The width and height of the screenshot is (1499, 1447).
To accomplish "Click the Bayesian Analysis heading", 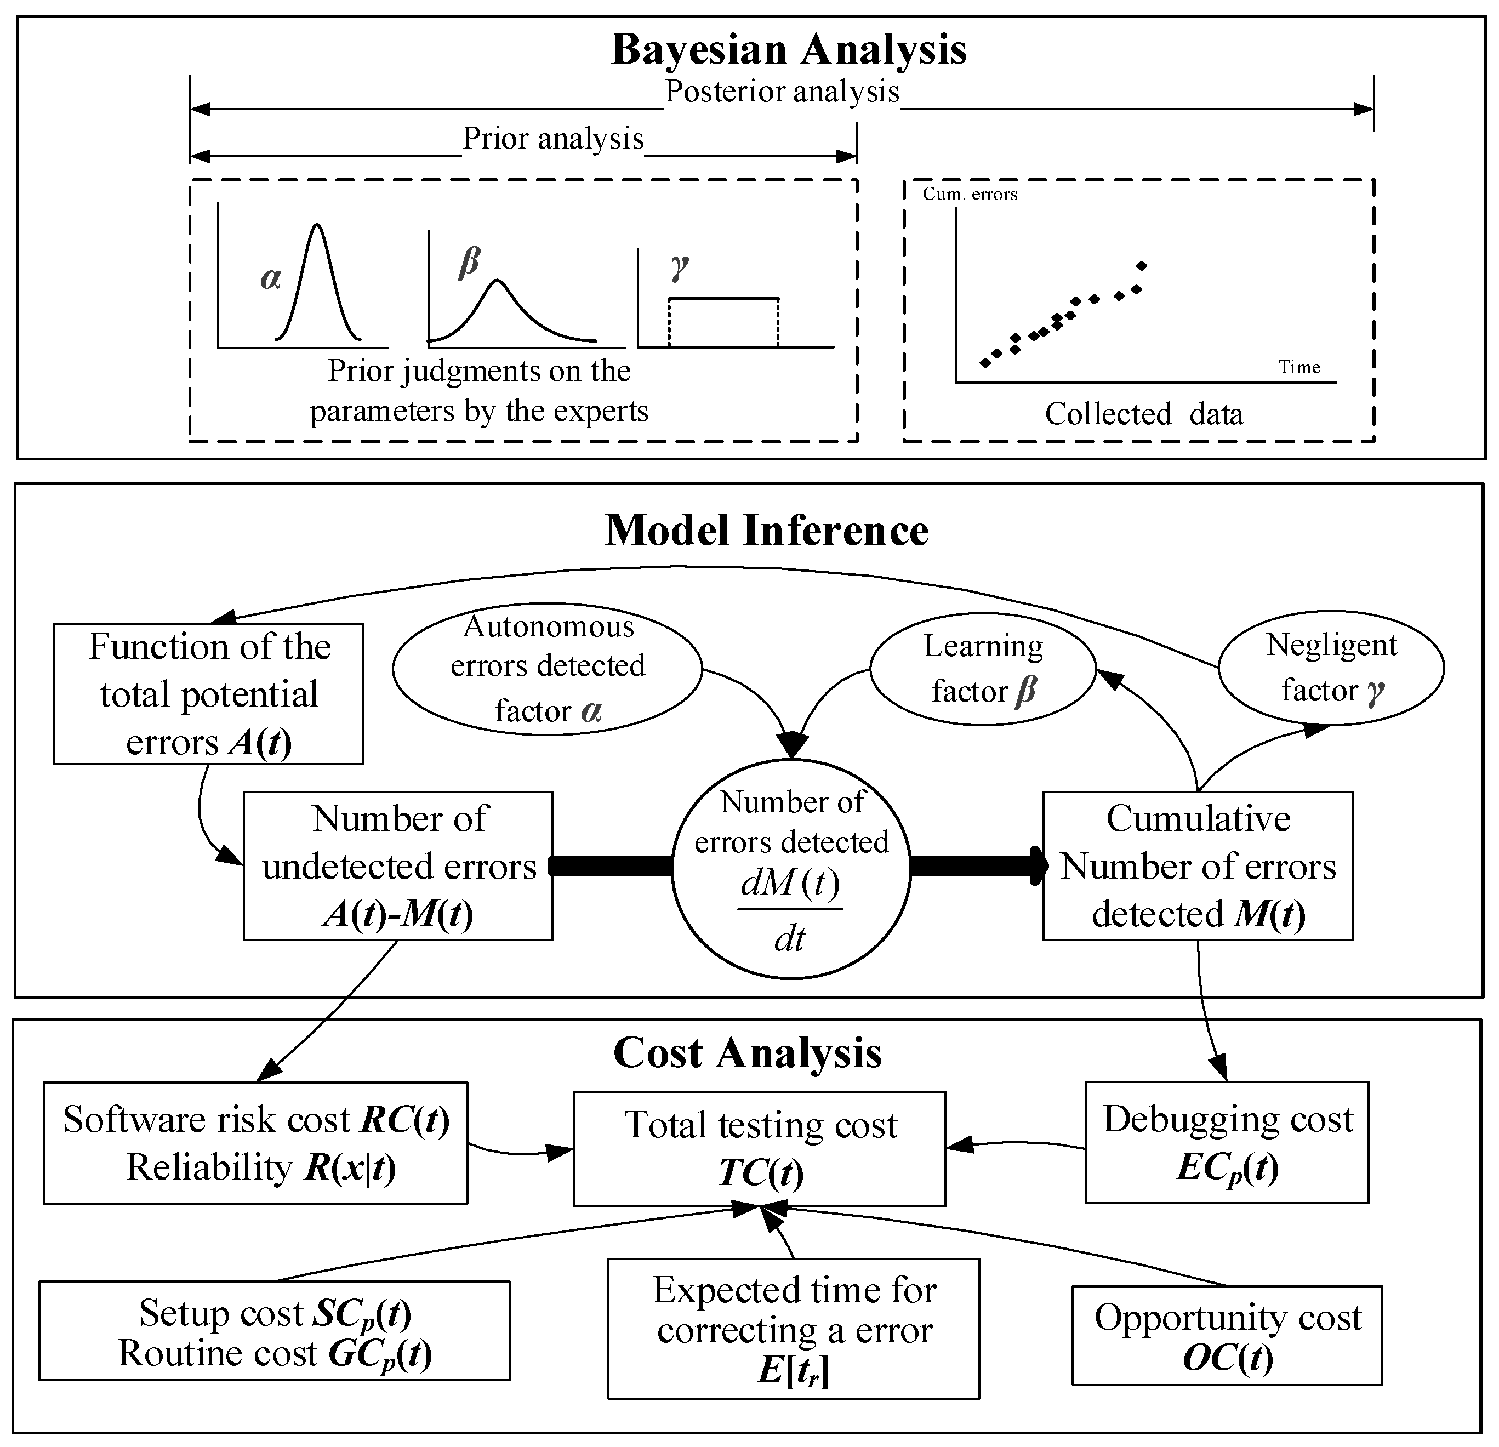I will click(789, 50).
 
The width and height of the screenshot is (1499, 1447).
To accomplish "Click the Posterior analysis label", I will click(782, 92).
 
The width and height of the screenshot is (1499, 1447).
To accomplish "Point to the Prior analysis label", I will click(553, 139).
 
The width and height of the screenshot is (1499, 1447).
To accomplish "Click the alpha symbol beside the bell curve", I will click(271, 278).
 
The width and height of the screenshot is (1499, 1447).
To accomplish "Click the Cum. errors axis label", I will click(969, 194).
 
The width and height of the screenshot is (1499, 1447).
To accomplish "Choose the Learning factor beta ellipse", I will click(983, 669).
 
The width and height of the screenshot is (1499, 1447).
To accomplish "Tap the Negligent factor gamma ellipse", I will click(1331, 668).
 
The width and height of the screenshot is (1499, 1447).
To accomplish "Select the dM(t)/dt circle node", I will click(791, 869).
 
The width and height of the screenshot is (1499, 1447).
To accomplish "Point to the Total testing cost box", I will click(760, 1148).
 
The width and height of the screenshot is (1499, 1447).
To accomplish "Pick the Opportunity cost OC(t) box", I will click(1227, 1335).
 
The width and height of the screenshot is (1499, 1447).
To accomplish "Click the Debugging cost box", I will click(1227, 1142).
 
